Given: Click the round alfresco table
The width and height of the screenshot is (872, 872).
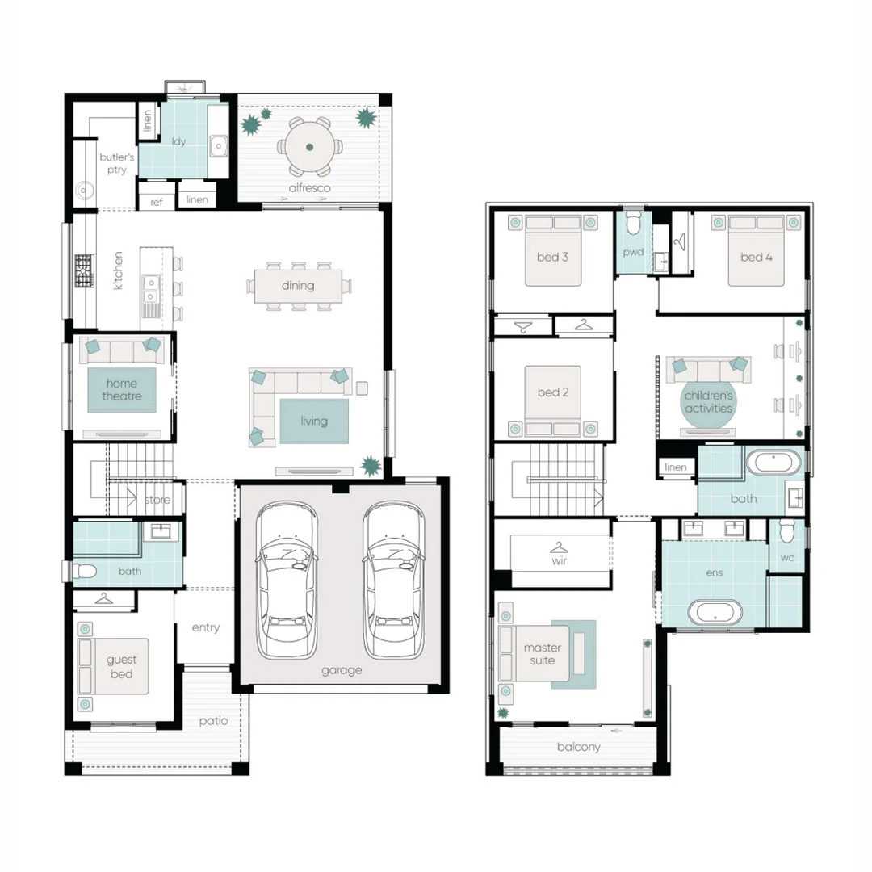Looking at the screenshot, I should tap(310, 146).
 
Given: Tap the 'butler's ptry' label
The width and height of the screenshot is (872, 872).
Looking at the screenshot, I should tap(116, 163).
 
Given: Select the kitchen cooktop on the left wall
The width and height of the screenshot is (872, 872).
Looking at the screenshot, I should tap(84, 271).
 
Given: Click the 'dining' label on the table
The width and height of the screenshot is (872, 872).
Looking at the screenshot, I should tap(298, 285).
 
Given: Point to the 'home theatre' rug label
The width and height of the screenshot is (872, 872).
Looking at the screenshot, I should tap(121, 390).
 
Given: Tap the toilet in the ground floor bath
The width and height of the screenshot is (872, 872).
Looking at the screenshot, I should tap(84, 572).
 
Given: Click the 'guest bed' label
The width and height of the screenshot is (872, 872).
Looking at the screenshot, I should tap(121, 667).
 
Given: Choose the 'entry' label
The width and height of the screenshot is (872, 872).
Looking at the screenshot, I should tap(205, 627).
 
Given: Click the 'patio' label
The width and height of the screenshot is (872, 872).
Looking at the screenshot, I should tap(213, 721).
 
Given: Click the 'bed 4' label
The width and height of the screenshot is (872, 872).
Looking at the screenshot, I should tap(757, 257).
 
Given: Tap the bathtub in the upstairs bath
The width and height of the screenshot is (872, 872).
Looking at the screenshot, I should tap(773, 465).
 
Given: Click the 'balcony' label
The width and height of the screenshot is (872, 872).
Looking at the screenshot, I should tap(578, 747).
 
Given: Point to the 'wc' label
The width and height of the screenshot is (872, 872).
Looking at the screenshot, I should tap(787, 558).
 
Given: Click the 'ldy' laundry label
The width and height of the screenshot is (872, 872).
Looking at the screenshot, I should tap(179, 141).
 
